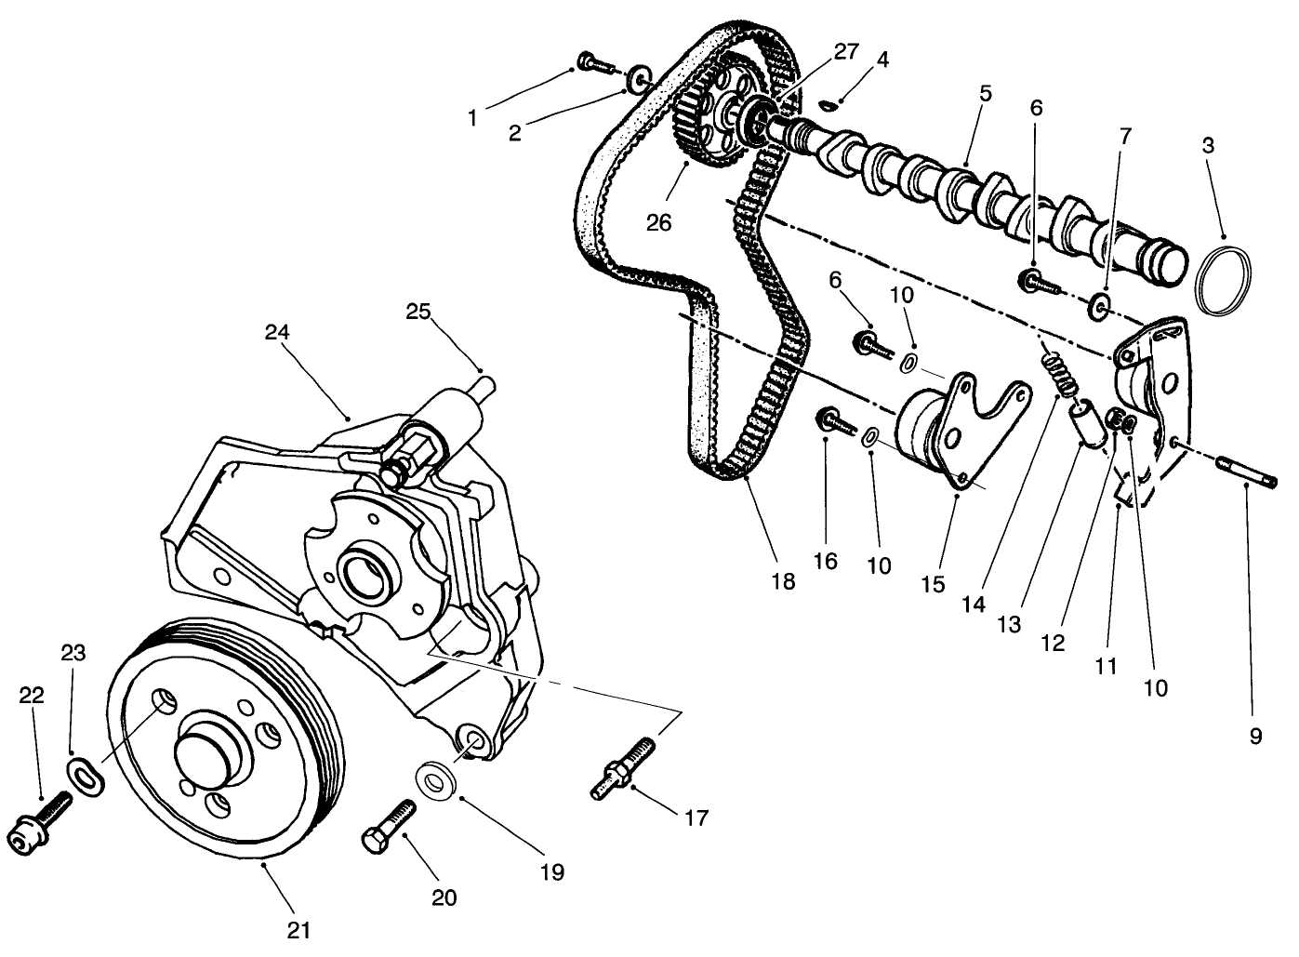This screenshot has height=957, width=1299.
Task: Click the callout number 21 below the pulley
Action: (298, 929)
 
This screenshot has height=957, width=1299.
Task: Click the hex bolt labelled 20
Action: (383, 823)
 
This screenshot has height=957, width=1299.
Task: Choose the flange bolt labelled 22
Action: (38, 824)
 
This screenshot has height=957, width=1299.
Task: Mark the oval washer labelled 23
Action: (86, 775)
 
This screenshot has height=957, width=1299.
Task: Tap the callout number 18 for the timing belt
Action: (783, 581)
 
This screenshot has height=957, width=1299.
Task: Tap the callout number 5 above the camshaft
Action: (985, 93)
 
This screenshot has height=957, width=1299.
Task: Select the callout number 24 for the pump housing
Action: (277, 331)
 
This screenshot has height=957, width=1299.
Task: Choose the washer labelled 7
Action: (1099, 304)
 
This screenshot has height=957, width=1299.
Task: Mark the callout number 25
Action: (418, 311)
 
